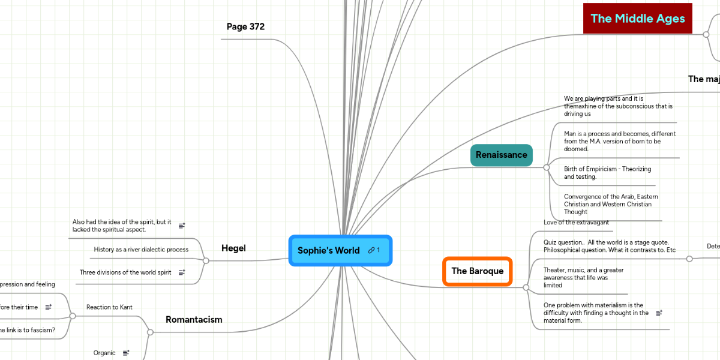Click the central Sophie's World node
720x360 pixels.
tap(329, 251)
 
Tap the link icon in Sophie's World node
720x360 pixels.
tap(372, 250)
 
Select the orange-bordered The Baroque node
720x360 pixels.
tap(478, 271)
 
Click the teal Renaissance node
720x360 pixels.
tap(502, 155)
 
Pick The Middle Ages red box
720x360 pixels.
tap(638, 19)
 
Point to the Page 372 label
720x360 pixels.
tap(245, 27)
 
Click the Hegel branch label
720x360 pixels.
tap(233, 248)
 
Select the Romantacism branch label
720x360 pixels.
tap(194, 320)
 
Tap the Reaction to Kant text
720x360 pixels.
tap(109, 307)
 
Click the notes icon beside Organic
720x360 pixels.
tap(126, 353)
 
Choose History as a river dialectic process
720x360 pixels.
tap(141, 250)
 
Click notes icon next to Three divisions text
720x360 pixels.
tap(182, 272)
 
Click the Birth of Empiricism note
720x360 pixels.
tap(607, 173)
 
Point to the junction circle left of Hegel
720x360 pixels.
tap(206, 260)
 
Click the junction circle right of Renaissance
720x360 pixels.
tap(546, 167)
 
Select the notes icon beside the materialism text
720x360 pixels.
tap(659, 313)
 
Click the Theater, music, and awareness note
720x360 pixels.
tap(583, 278)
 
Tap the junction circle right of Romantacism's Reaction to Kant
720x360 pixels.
tap(151, 332)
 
